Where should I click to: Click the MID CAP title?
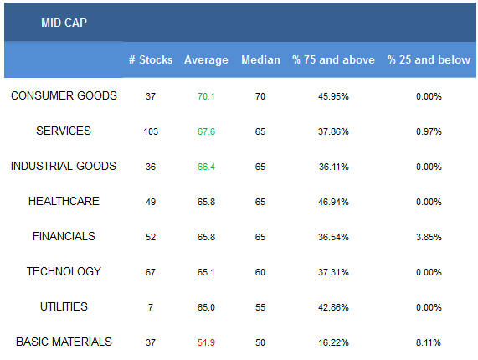click(64, 23)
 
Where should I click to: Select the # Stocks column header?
click(151, 59)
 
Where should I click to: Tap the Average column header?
click(206, 60)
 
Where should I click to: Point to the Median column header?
click(260, 59)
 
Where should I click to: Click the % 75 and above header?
click(333, 59)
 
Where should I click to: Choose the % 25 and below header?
click(429, 59)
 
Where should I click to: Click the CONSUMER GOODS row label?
click(64, 95)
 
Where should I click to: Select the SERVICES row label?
click(64, 131)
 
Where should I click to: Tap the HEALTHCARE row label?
click(64, 201)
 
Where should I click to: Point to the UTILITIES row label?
click(64, 306)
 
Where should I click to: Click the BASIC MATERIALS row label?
click(64, 342)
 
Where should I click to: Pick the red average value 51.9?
click(206, 342)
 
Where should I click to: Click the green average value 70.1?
click(206, 96)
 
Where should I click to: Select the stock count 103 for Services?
click(151, 131)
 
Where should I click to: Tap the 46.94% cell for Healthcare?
click(333, 202)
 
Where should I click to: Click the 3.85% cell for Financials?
click(429, 237)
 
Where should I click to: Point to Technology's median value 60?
click(260, 272)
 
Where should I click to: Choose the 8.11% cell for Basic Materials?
click(429, 342)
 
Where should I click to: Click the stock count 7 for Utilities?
click(151, 307)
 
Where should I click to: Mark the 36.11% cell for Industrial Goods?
click(334, 167)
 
